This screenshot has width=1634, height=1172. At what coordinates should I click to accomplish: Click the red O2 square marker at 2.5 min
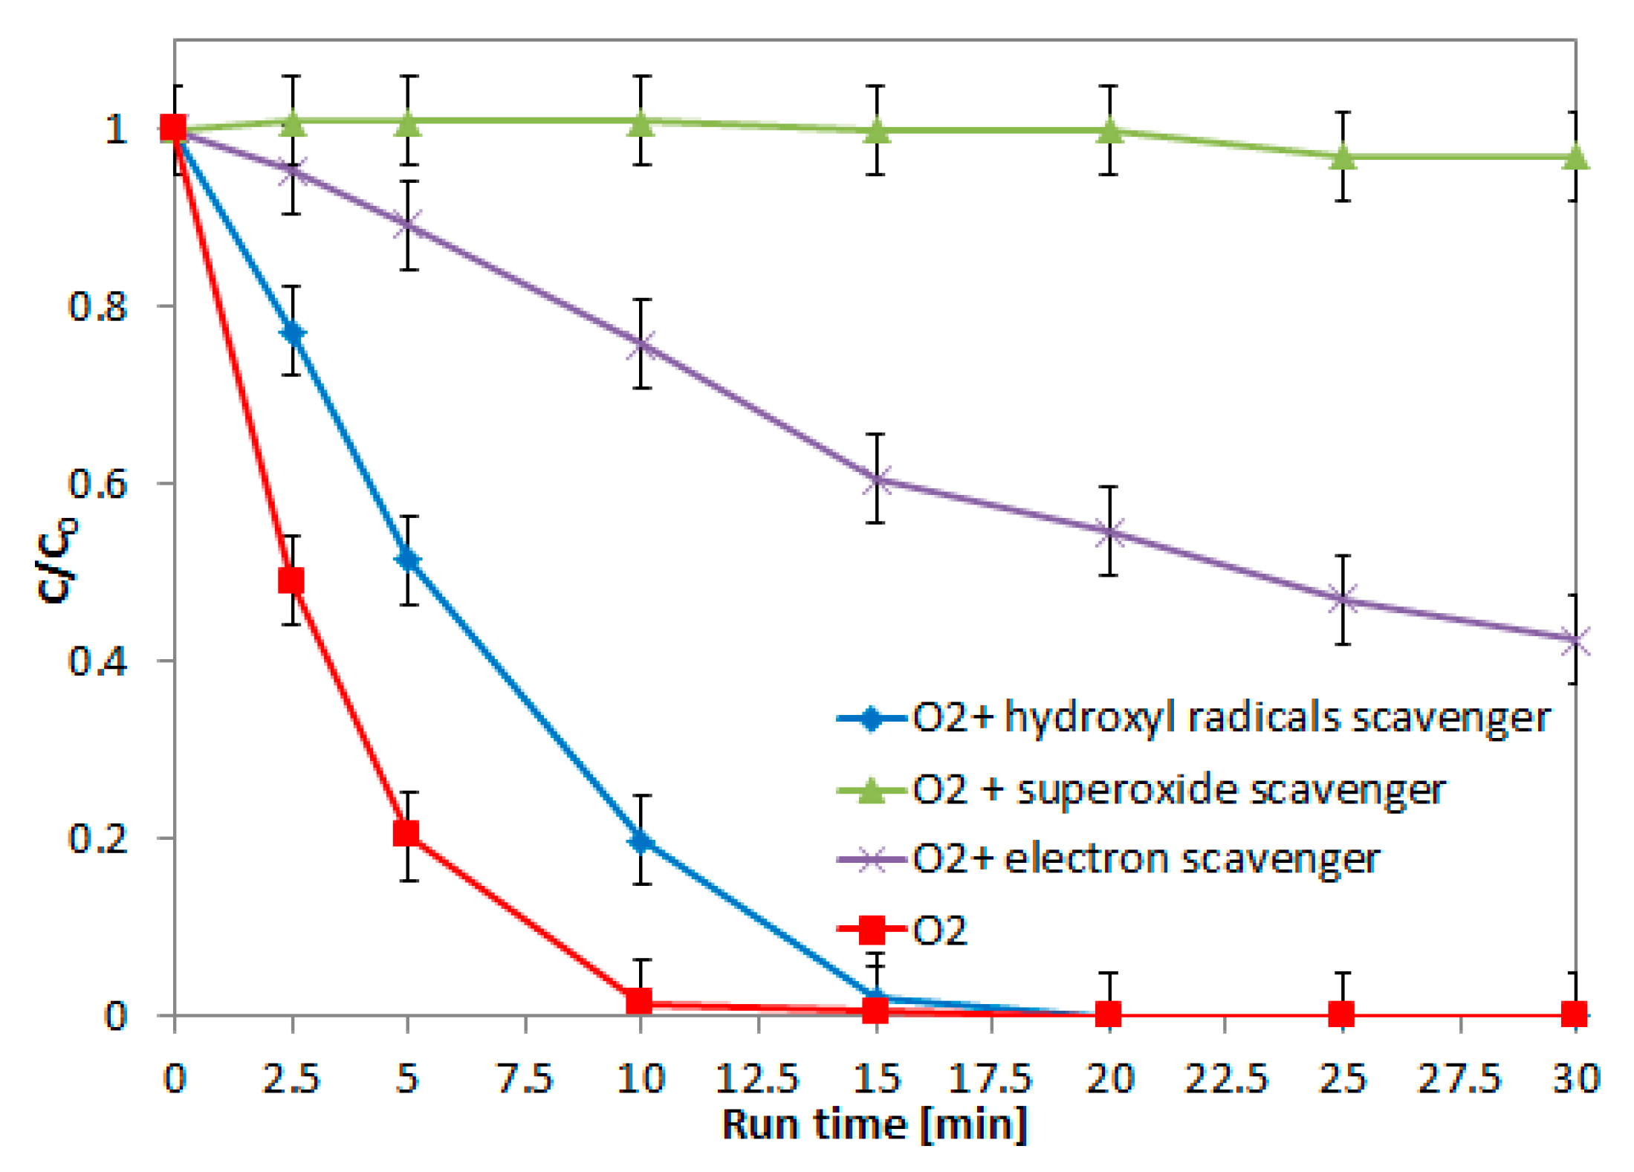(x=291, y=580)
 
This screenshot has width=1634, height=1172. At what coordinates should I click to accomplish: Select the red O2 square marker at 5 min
(x=406, y=834)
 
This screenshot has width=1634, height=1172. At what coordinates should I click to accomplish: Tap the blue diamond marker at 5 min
(x=407, y=560)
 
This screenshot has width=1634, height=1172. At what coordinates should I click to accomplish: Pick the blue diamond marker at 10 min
(x=641, y=841)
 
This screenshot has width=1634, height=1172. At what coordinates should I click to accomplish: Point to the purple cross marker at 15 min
(x=878, y=479)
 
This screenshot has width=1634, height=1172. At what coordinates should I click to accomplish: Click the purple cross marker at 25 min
(x=1342, y=599)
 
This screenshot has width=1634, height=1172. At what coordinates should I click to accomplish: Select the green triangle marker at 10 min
(x=641, y=124)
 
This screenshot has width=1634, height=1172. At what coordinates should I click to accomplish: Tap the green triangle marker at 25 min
(x=1342, y=158)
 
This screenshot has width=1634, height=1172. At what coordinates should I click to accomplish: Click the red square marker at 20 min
(x=1109, y=1013)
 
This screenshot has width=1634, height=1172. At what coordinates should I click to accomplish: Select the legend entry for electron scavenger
(x=1144, y=859)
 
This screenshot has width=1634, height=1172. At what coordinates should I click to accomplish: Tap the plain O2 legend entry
(x=939, y=930)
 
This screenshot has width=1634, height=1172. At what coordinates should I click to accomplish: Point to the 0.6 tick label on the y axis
(x=97, y=483)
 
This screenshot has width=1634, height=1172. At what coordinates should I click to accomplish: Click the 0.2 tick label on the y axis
(x=97, y=838)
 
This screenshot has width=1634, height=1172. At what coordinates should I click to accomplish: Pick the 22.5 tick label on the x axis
(x=1225, y=1078)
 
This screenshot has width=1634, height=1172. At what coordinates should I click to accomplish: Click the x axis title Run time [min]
(x=874, y=1124)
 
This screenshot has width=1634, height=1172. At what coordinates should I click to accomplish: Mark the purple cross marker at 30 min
(x=1575, y=640)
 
